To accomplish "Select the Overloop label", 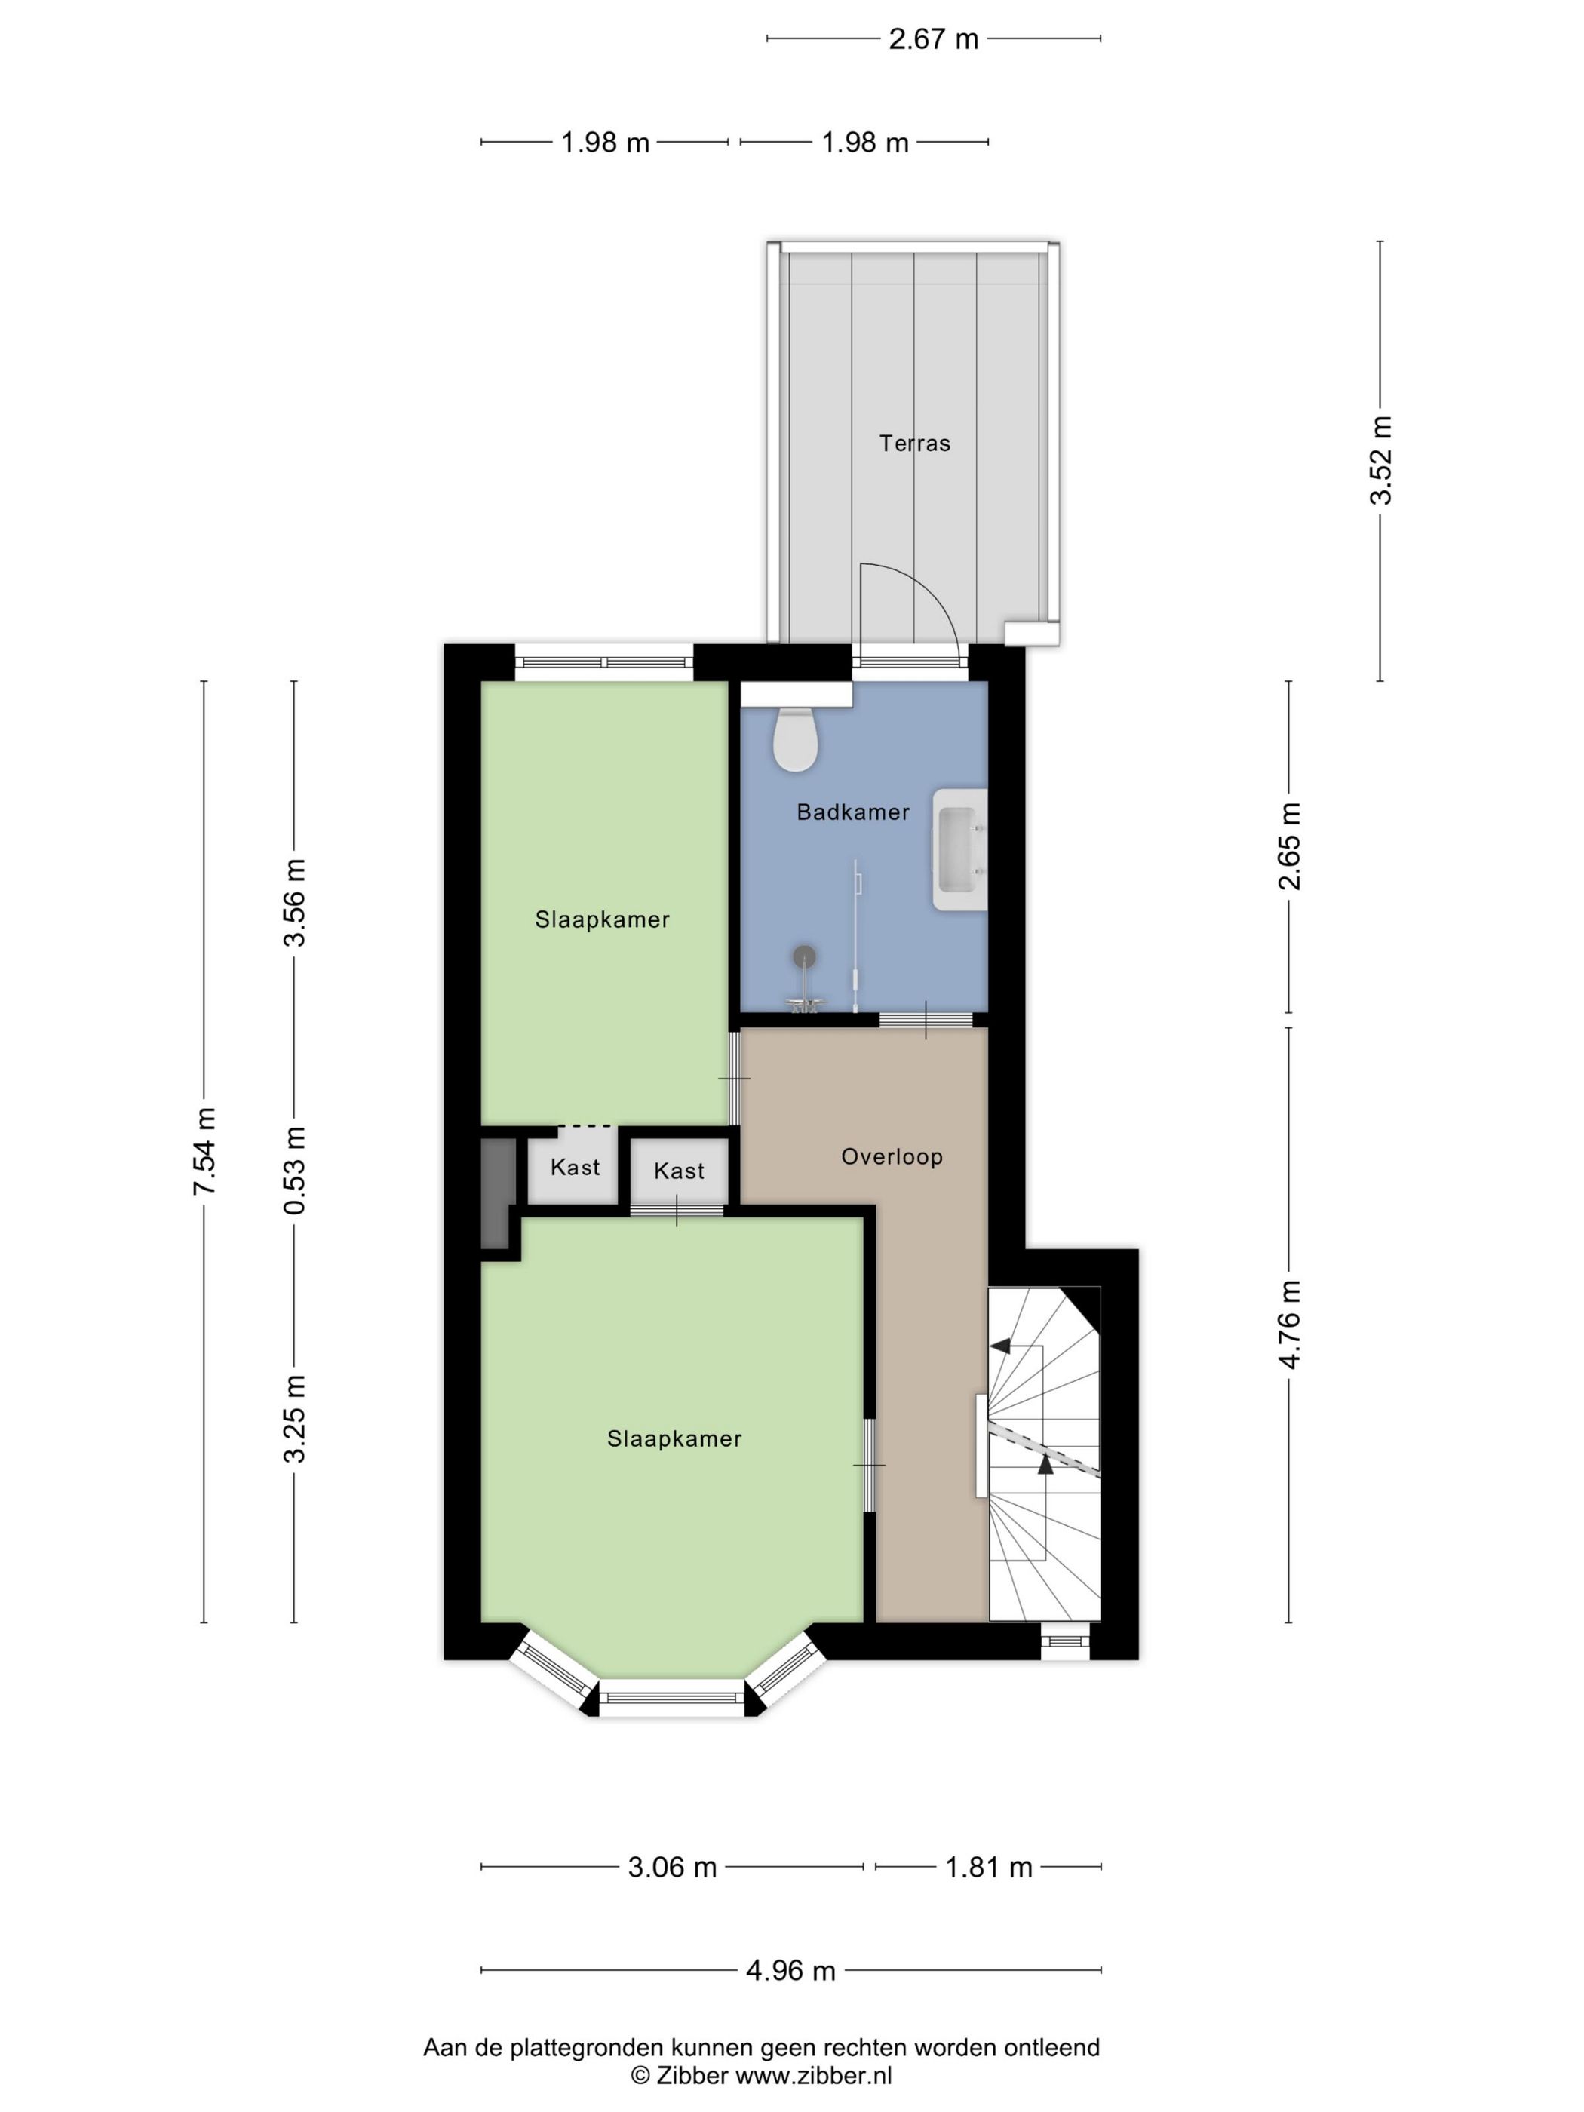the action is click(892, 1156).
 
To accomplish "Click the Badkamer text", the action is click(852, 812).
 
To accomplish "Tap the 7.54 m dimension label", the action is click(204, 1150).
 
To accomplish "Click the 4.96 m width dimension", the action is click(790, 1969).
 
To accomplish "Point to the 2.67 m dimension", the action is click(934, 39).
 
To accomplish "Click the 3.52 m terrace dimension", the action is click(1380, 459).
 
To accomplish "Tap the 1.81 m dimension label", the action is click(988, 1867).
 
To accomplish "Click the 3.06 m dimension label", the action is click(672, 1867).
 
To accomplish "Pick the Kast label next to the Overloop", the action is click(679, 1171).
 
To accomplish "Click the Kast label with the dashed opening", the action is click(575, 1167).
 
